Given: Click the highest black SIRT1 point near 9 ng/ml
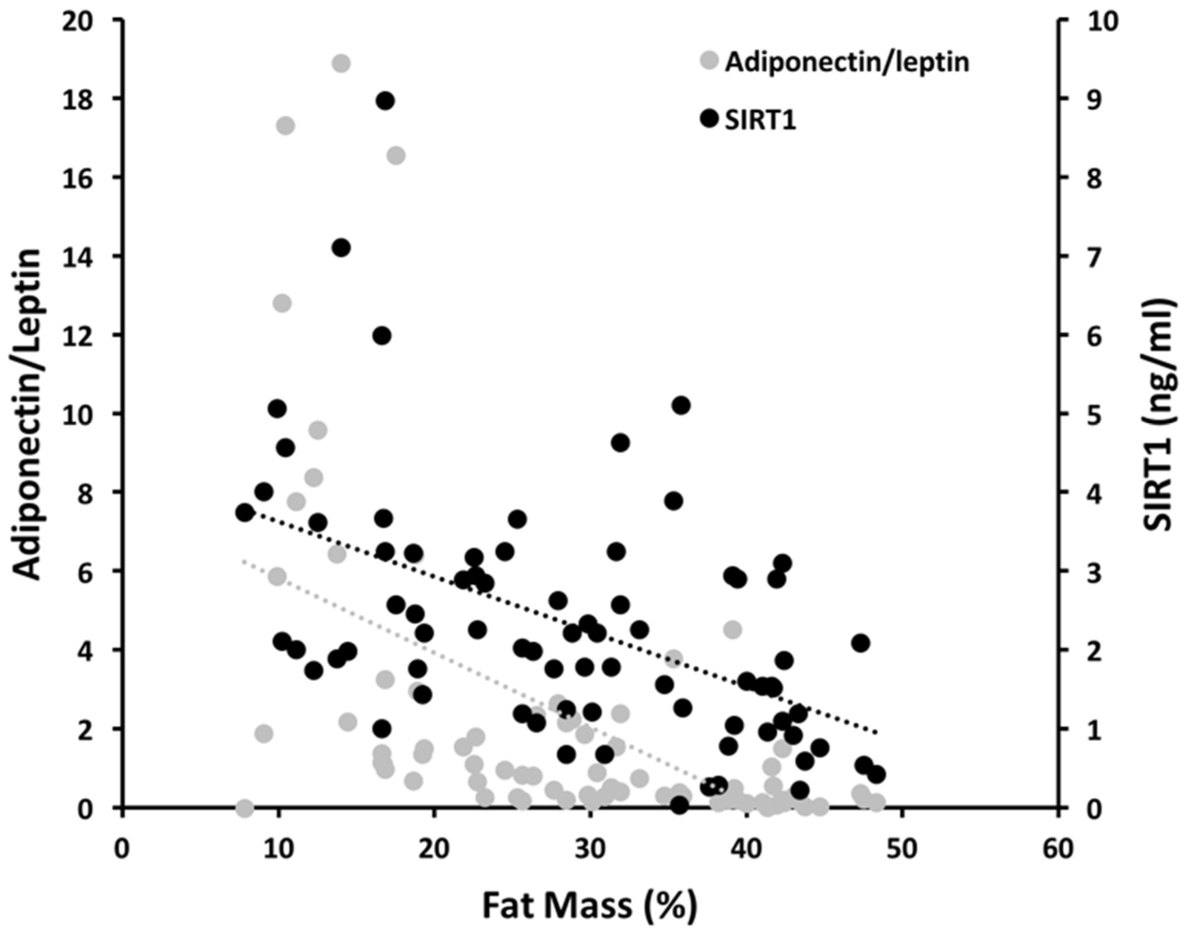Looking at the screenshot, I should (x=385, y=101).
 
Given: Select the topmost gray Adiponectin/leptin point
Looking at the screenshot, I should (x=341, y=63).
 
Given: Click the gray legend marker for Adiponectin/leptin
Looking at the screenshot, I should (x=710, y=60).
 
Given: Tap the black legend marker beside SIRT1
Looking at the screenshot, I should (x=710, y=119).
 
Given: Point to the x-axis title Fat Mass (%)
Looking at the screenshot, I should (x=590, y=906).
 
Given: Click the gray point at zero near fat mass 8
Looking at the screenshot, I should (x=245, y=808).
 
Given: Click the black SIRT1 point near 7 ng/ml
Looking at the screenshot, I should (x=341, y=248).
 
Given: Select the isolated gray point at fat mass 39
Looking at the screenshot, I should (x=733, y=630).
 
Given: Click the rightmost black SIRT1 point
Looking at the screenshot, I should (x=877, y=774).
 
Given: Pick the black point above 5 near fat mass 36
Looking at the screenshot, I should (x=681, y=405).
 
